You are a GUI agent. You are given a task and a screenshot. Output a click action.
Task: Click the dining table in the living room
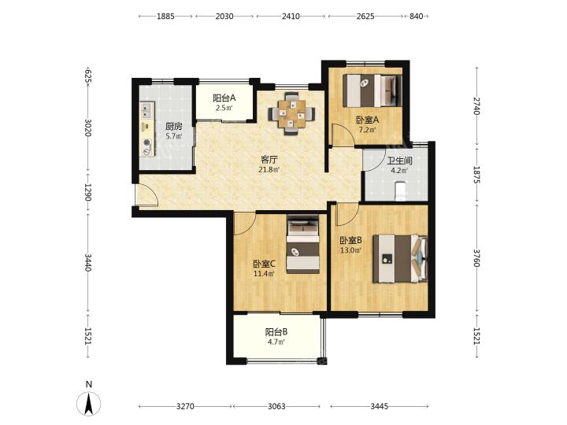[291, 113]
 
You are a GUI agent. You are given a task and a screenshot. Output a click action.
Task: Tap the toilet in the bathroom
[400, 191]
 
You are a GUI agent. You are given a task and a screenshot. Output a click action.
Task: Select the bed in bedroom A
[372, 91]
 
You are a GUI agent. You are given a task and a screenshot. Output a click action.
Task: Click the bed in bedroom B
[400, 258]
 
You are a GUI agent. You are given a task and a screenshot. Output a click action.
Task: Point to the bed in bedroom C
[303, 244]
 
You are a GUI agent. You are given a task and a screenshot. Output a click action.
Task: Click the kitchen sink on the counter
[146, 110]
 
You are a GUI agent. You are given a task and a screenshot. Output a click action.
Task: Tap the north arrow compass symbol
[88, 403]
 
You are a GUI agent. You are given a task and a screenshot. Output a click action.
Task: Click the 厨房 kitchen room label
[174, 127]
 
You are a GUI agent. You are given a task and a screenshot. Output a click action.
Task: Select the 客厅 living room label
[270, 159]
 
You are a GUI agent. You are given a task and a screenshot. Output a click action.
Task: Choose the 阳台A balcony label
[224, 98]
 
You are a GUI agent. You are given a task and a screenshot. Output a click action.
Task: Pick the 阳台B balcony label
[276, 332]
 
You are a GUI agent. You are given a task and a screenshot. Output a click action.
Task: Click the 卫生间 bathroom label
[399, 161]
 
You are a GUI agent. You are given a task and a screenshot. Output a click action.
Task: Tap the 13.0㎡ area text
[350, 249]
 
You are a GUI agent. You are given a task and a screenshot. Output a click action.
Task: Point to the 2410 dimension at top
[291, 17]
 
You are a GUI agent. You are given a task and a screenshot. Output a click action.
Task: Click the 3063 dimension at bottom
[276, 407]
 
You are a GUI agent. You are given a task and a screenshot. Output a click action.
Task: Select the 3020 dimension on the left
[88, 128]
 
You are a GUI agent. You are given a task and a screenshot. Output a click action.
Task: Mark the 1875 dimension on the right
[477, 175]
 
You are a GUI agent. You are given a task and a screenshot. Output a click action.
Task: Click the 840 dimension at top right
[417, 17]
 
